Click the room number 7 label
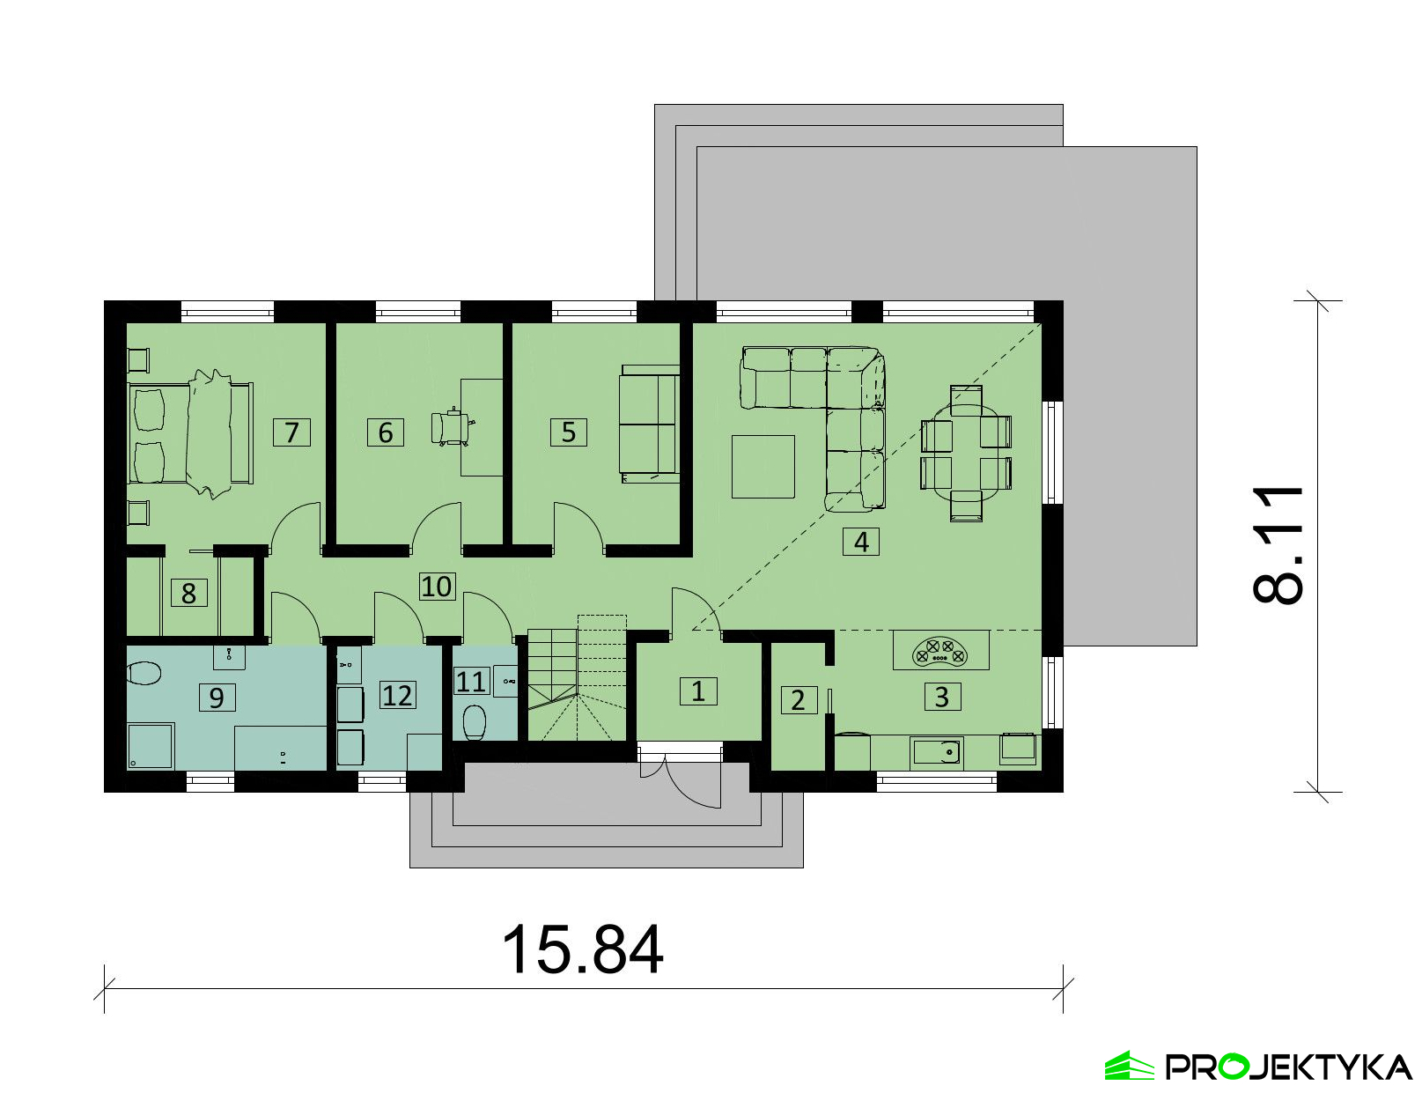click(291, 432)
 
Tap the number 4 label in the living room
click(860, 542)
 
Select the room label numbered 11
click(470, 682)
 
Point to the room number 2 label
click(799, 700)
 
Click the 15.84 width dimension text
click(582, 950)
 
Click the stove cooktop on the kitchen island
click(941, 652)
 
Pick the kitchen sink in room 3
click(936, 753)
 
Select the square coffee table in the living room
click(763, 467)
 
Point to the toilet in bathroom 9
click(144, 674)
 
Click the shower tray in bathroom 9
click(151, 745)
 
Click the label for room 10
click(437, 587)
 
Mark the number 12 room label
click(397, 695)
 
